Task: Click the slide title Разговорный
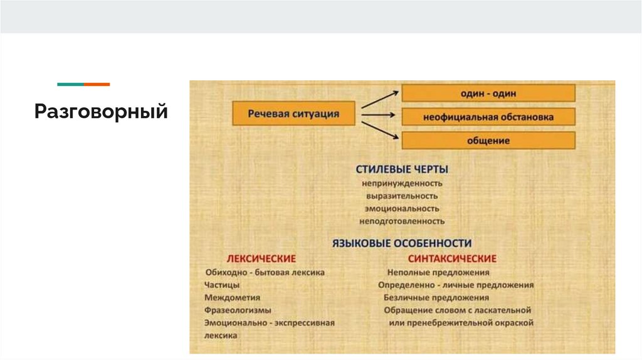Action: point(101,112)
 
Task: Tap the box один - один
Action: point(488,93)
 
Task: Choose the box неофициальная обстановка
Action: point(488,117)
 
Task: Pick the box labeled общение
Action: point(488,140)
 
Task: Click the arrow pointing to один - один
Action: point(381,99)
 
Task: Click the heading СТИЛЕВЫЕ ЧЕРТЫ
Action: point(402,169)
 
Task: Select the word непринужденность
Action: point(402,183)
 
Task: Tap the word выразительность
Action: point(402,196)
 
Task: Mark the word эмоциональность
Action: point(402,208)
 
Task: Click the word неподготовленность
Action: point(402,221)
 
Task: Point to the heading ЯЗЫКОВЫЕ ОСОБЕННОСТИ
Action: point(401,243)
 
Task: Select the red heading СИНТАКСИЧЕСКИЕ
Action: point(452,258)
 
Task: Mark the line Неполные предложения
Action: point(438,272)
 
